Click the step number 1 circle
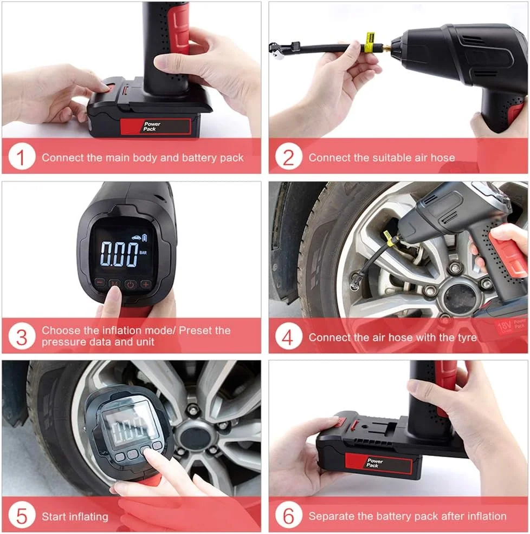coord(22,157)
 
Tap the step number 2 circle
coord(288,157)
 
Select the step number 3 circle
coord(22,337)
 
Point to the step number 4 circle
coord(288,337)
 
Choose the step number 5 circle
coord(22,516)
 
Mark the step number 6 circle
coord(288,516)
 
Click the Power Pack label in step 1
coord(151,127)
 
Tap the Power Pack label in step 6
coord(374,463)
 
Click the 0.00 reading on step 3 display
coord(119,254)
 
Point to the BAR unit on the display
coord(143,253)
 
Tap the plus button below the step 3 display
coord(146,284)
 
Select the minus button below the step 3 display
coord(100,282)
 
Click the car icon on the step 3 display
coord(136,238)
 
